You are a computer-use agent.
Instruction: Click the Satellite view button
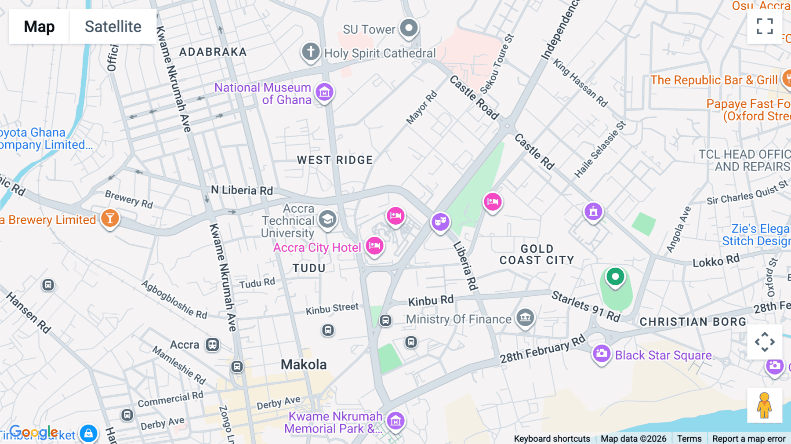113,27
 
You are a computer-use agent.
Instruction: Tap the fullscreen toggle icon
765,26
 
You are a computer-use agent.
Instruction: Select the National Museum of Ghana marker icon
325,92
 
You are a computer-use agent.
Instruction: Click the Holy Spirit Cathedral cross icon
310,51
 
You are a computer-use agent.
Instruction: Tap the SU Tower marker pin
409,28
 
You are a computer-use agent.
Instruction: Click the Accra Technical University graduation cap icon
327,218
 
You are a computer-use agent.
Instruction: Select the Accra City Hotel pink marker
374,245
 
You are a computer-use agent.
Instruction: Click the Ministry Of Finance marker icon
525,317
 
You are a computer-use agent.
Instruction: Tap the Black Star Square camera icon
602,353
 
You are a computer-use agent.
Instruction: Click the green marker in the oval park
615,277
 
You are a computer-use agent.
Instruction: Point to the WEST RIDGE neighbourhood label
335,160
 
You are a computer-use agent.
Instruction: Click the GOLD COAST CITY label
537,255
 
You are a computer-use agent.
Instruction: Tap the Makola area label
304,364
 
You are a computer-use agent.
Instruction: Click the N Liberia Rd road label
242,190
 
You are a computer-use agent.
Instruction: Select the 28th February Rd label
543,349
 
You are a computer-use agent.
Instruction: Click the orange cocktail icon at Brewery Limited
110,218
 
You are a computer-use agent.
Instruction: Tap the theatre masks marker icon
440,222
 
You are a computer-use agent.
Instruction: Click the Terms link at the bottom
689,438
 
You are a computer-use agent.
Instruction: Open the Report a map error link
748,438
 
